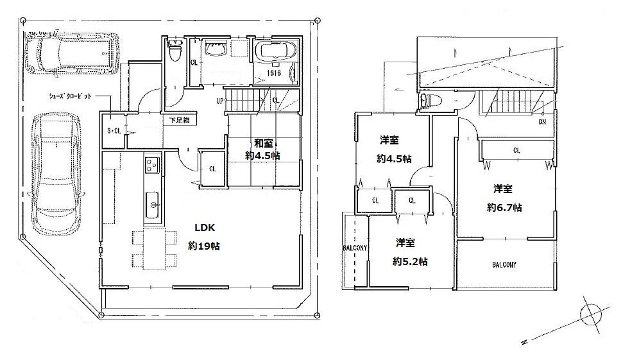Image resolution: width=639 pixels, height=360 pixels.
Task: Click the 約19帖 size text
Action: tap(204, 246)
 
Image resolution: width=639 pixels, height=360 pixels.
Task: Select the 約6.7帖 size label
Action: tap(504, 207)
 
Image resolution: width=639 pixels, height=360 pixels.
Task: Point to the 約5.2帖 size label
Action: tap(411, 261)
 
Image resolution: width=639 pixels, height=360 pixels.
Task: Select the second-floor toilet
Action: tap(428, 101)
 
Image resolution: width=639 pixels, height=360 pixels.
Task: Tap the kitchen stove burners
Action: tap(152, 165)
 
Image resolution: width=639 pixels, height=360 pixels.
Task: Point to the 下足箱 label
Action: tap(179, 120)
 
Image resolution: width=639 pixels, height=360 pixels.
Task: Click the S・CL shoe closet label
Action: tap(114, 131)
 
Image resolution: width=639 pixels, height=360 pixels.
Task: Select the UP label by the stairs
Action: tap(219, 101)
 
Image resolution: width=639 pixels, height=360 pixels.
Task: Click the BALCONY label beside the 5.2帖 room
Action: tap(354, 248)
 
